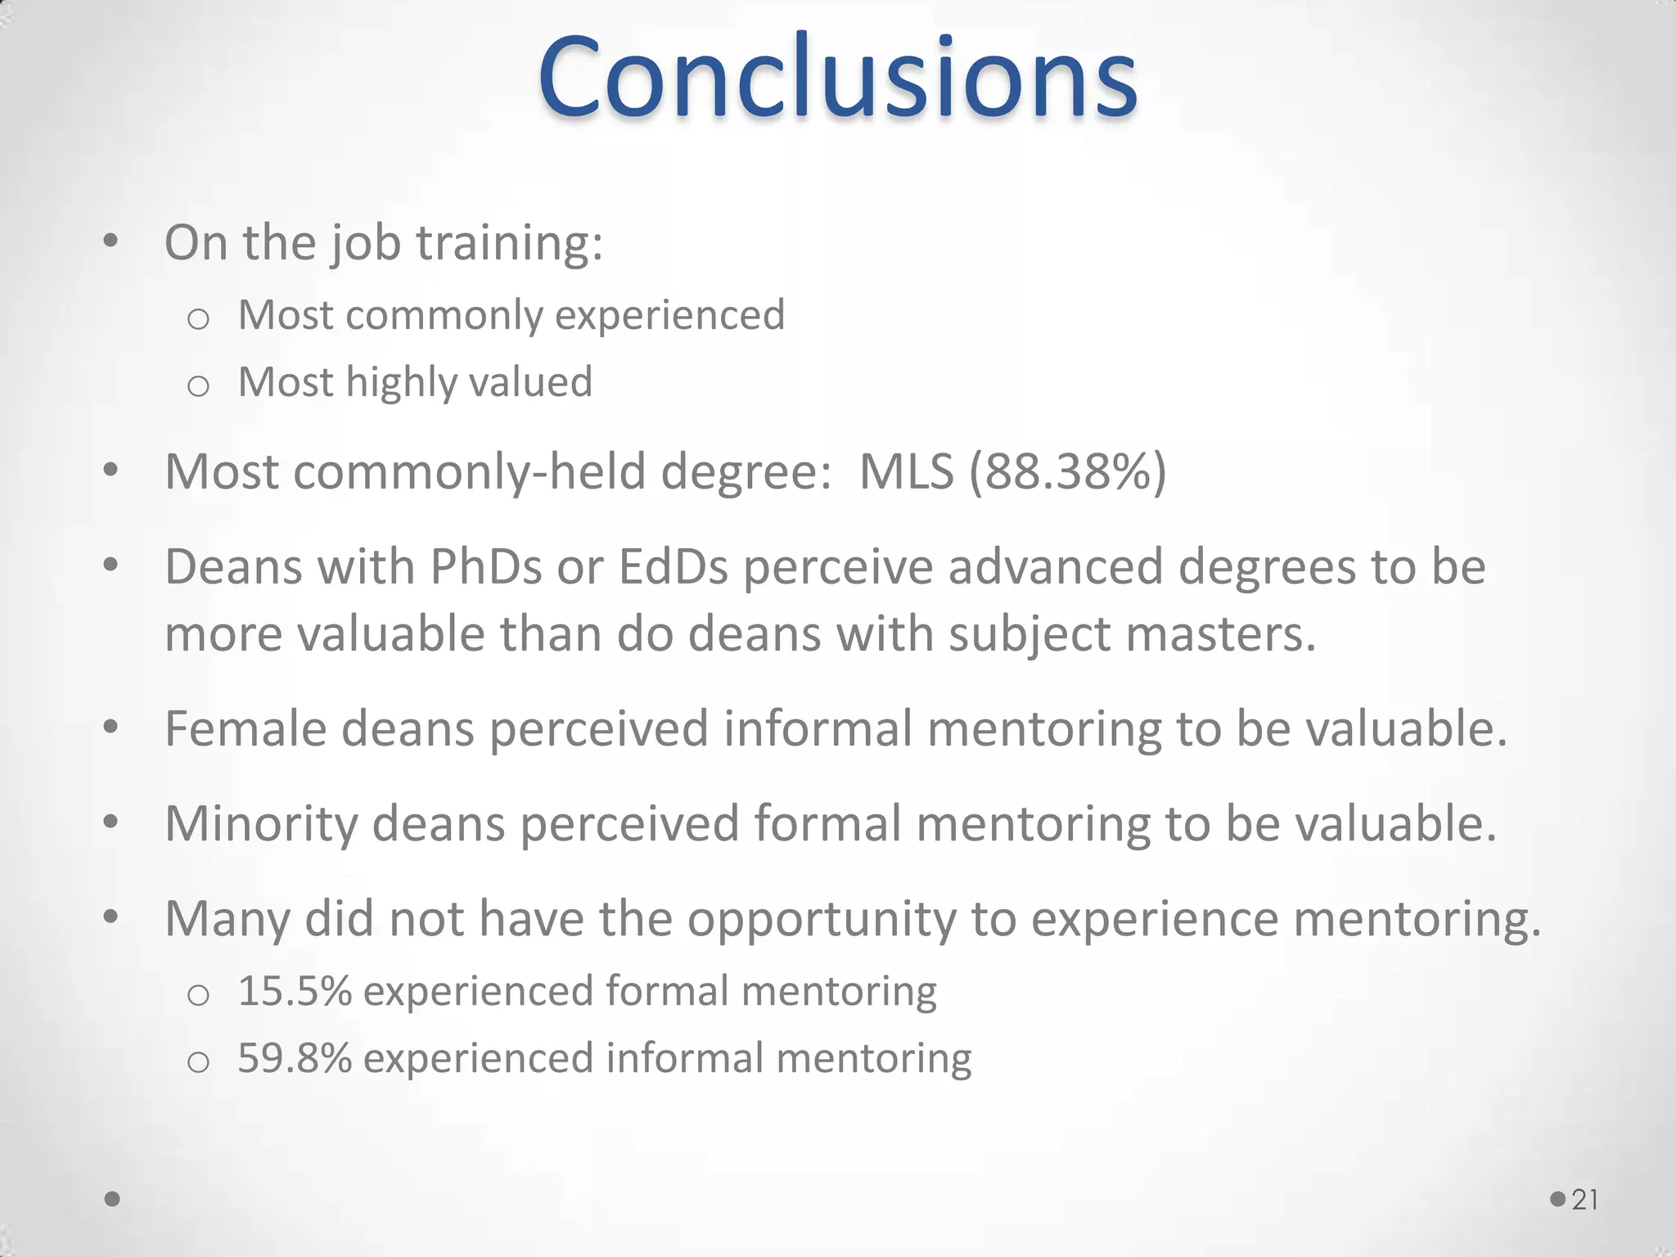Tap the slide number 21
coord(1585,1200)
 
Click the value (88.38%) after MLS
coord(1068,472)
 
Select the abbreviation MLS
coord(906,472)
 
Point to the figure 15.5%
coord(295,991)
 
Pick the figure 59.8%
coord(295,1058)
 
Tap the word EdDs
coord(674,566)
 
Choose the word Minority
coord(261,823)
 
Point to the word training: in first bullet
coord(509,243)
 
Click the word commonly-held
coord(470,472)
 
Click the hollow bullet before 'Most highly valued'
coord(198,385)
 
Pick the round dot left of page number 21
coord(1558,1199)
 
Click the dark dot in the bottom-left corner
coord(113,1199)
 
